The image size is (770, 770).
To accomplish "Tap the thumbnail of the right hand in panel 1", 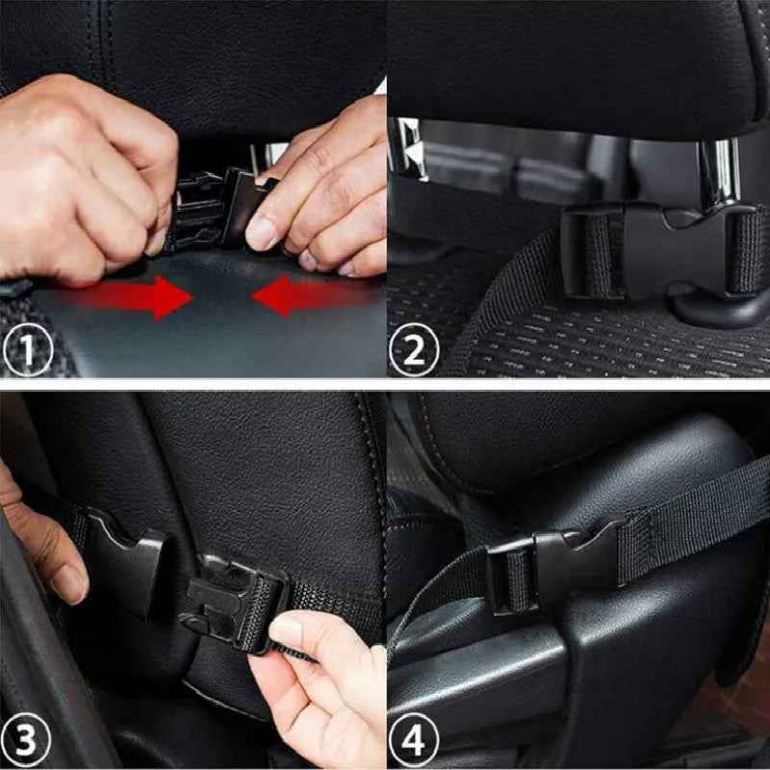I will tap(260, 231).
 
